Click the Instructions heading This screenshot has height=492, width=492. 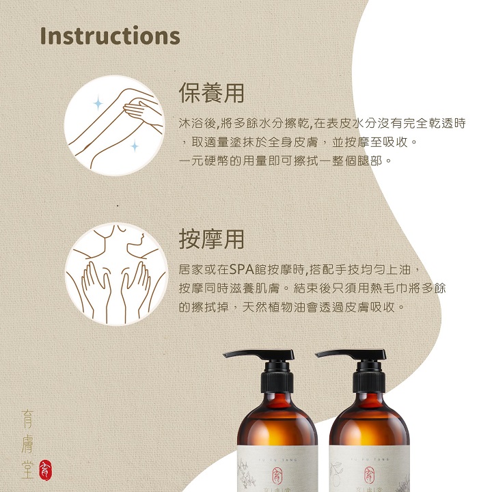110,36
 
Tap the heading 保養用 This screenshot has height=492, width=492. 211,93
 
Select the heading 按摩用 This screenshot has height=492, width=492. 211,239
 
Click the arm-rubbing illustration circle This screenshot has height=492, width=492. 114,125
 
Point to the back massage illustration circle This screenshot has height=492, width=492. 116,274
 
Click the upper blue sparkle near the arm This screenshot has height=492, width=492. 98,104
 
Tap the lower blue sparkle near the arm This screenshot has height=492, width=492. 135,146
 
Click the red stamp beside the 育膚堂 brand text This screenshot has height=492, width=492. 46,469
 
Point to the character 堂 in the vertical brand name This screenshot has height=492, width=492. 27,469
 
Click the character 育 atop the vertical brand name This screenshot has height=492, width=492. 27,419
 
